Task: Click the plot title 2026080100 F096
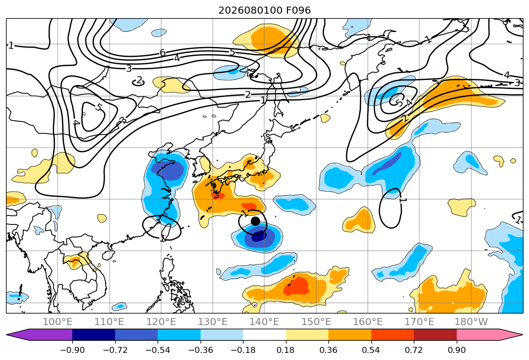[265, 10]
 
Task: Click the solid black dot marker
[255, 221]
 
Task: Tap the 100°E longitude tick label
[58, 322]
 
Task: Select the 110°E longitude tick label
[109, 322]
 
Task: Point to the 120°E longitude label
[161, 322]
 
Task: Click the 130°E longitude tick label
[213, 322]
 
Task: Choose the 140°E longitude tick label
[264, 322]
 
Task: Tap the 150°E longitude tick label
[316, 322]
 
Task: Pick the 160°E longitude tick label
[368, 322]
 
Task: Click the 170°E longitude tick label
[419, 322]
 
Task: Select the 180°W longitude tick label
[471, 322]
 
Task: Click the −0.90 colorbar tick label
[72, 350]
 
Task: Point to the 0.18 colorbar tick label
[286, 350]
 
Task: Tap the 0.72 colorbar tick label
[414, 350]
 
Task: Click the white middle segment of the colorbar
[265, 335]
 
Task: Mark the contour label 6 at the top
[163, 53]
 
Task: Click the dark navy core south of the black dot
[258, 236]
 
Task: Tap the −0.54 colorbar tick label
[158, 350]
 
